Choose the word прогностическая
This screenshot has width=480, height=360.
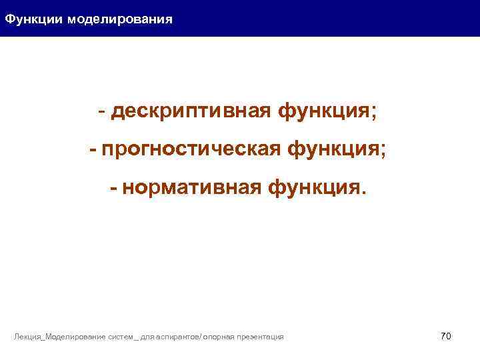tap(191, 150)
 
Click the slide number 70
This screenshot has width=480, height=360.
tap(446, 336)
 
